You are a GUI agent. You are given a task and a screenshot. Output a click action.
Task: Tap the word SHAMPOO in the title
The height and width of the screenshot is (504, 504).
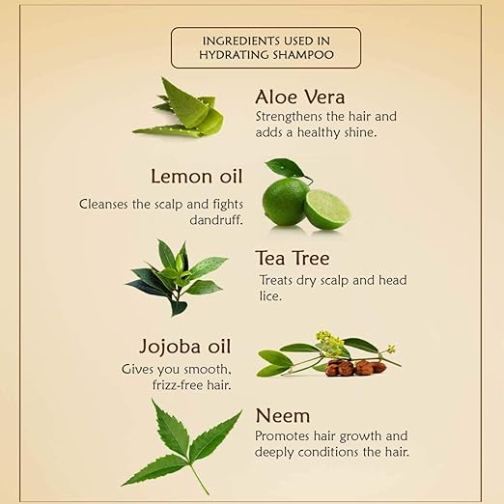pyautogui.click(x=303, y=55)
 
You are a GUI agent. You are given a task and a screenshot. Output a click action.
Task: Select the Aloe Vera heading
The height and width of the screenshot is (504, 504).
pyautogui.click(x=300, y=97)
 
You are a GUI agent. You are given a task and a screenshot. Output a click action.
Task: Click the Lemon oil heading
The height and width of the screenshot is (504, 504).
pyautogui.click(x=196, y=177)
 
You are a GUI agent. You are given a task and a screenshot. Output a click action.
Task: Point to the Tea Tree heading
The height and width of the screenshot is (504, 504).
pyautogui.click(x=293, y=258)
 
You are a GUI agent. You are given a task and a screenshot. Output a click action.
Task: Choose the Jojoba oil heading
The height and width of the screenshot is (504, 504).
pyautogui.click(x=185, y=347)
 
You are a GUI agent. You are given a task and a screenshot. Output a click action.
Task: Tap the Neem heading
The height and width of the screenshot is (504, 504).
pyautogui.click(x=283, y=415)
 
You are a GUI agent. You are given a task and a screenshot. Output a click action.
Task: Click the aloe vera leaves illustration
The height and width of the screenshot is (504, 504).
pyautogui.click(x=179, y=108)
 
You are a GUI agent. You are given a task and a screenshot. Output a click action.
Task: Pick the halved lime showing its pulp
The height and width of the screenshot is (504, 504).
pyautogui.click(x=327, y=210)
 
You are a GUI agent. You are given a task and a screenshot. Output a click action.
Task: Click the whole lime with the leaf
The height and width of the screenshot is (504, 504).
pyautogui.click(x=285, y=201)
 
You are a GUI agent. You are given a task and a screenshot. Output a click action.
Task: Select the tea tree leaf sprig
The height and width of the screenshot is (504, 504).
pyautogui.click(x=177, y=277)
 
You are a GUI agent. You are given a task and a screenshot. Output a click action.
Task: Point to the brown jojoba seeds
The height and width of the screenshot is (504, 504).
pyautogui.click(x=355, y=368)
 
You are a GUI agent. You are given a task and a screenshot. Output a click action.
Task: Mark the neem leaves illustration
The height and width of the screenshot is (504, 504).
pyautogui.click(x=182, y=447)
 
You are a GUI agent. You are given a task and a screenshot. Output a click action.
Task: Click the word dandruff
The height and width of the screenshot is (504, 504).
pyautogui.click(x=216, y=220)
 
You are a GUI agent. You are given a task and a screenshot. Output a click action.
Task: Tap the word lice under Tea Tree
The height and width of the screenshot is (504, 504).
pyautogui.click(x=270, y=296)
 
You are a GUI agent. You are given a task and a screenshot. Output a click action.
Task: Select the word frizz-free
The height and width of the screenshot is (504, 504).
pyautogui.click(x=178, y=385)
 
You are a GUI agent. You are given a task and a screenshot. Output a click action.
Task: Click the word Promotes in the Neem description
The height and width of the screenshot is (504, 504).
pyautogui.click(x=282, y=436)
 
